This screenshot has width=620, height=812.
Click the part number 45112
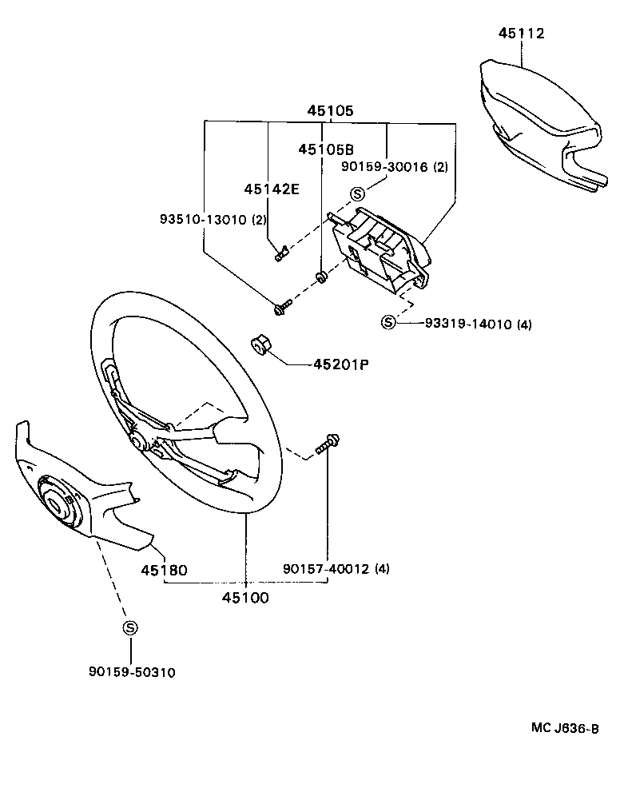pos(521,34)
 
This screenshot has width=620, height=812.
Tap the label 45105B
pos(326,149)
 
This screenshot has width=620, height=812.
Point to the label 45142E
pos(272,189)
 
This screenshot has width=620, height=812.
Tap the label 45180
pos(164,571)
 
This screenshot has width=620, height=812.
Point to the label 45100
pos(246,598)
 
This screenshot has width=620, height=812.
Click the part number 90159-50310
pos(132,672)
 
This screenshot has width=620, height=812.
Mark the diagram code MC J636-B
pos(565,728)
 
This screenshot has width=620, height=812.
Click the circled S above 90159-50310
pos(129,628)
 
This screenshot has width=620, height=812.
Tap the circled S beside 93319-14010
pos(388,323)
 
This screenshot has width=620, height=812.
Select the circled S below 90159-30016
pos(356,193)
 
